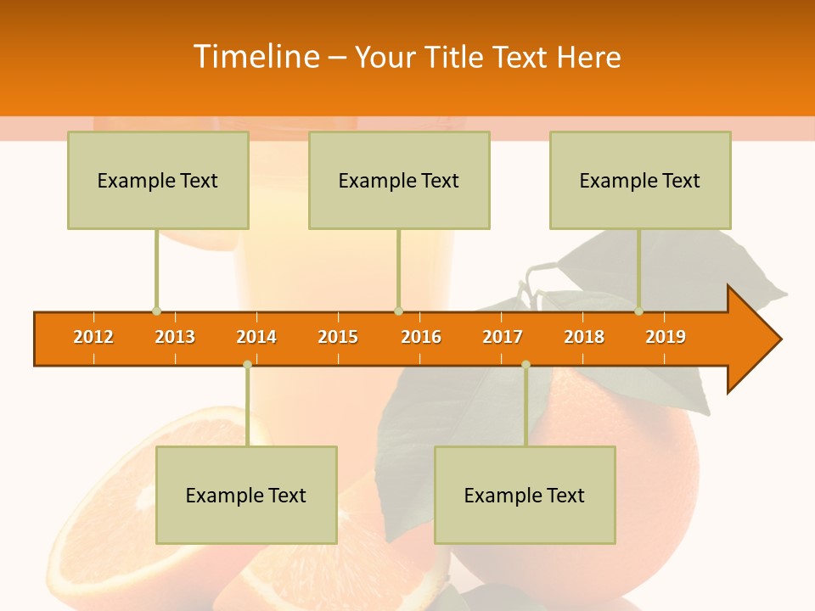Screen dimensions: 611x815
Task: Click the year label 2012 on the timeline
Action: (93, 337)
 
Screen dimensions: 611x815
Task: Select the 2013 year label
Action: (175, 337)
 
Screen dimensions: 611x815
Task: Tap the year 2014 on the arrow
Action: (256, 337)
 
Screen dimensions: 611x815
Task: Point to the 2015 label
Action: (338, 337)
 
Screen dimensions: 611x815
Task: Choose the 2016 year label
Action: (421, 337)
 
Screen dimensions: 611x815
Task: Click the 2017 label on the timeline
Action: (503, 337)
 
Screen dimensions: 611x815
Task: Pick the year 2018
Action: (584, 337)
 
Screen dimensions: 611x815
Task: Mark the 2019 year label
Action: (666, 337)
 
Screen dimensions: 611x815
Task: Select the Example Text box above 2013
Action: (158, 180)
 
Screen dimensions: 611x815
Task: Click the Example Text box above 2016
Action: (399, 180)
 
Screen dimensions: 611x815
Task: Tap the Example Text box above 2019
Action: (640, 180)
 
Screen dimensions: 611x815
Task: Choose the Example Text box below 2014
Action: (246, 495)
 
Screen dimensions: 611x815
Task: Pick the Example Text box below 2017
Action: (525, 495)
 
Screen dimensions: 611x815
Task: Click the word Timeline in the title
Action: (255, 57)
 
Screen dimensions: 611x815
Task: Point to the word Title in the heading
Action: (454, 57)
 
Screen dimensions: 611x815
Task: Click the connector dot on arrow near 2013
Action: (156, 311)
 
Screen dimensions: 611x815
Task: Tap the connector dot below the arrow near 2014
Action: (247, 365)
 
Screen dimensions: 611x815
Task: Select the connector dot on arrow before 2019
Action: (638, 311)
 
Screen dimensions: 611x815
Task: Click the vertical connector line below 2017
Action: (526, 407)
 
